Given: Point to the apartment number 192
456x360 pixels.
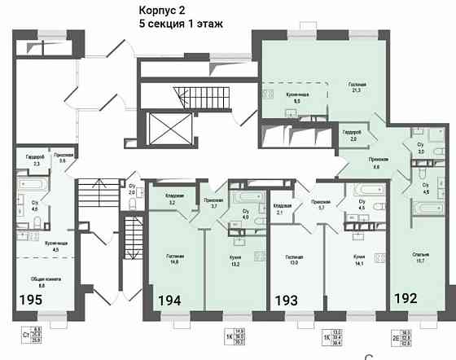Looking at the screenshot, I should [x=406, y=298].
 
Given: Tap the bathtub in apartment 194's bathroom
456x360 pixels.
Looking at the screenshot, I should [x=243, y=197].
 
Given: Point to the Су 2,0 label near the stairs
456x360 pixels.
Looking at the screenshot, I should [x=132, y=190].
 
